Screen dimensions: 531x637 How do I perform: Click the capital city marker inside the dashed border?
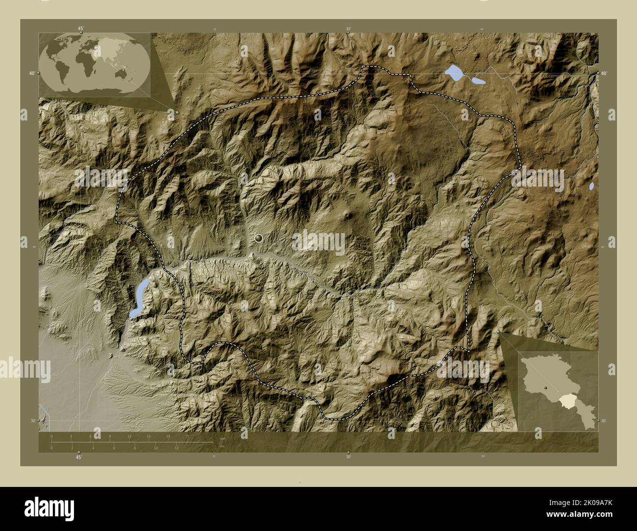pyautogui.click(x=259, y=239)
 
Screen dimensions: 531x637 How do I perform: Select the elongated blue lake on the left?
pyautogui.click(x=139, y=297)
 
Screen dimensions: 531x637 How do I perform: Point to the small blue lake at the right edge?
pyautogui.click(x=591, y=186)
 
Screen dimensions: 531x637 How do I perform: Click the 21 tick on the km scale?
pyautogui.click(x=187, y=436)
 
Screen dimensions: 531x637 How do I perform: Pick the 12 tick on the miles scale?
pyautogui.click(x=176, y=448)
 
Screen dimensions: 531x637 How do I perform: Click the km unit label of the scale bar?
pyautogui.click(x=222, y=438)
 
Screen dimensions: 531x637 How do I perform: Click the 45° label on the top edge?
pyautogui.click(x=80, y=28)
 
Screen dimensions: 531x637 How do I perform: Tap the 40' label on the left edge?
pyautogui.click(x=31, y=73)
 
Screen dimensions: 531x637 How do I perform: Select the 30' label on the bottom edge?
pyautogui.click(x=348, y=457)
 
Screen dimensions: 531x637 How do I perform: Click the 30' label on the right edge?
pyautogui.click(x=604, y=421)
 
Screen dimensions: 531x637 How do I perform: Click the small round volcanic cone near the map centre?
pyautogui.click(x=348, y=215)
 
